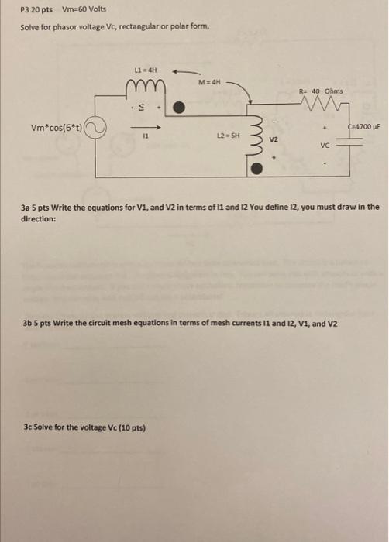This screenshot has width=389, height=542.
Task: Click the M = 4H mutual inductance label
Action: click(x=210, y=81)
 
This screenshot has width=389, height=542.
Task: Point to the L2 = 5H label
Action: click(x=231, y=135)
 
